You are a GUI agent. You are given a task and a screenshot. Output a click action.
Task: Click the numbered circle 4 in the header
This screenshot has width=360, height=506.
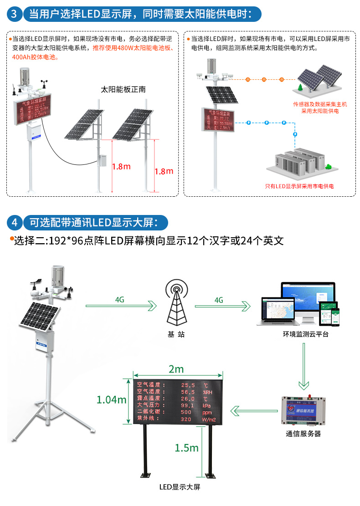pyautogui.click(x=14, y=223)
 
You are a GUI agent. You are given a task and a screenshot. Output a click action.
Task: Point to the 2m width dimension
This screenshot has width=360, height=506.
pyautogui.click(x=176, y=368)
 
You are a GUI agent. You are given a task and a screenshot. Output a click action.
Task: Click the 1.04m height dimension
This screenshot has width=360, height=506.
pyautogui.click(x=111, y=400)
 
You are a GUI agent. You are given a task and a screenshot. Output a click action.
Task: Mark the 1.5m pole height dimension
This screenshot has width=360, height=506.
pyautogui.click(x=186, y=448)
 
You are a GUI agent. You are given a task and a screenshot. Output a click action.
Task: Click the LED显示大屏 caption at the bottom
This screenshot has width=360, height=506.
pyautogui.click(x=180, y=487)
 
